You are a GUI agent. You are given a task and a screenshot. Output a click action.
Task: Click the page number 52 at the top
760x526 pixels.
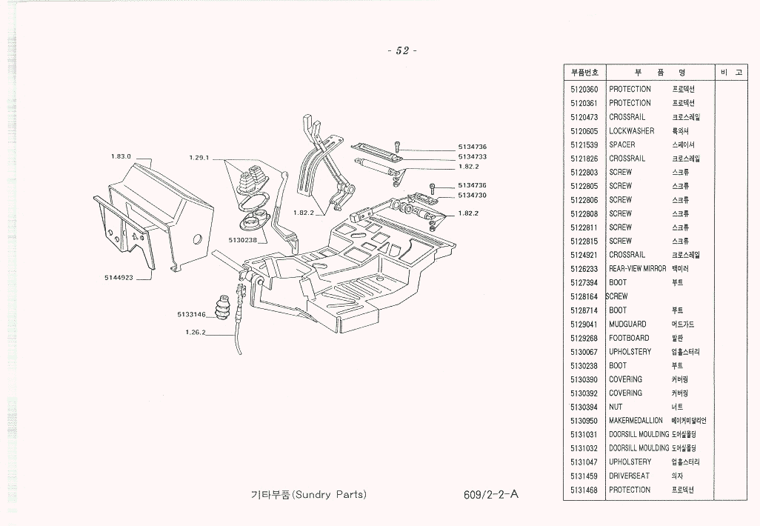[x=402, y=50]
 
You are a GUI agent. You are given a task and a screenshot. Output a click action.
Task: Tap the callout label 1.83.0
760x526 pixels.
[x=121, y=156]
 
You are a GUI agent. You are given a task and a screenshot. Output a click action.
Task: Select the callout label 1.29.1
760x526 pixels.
[x=201, y=157]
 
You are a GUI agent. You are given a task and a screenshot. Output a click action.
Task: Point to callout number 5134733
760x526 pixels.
[x=472, y=157]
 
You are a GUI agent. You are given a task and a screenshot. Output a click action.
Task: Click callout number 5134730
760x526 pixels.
[x=472, y=195]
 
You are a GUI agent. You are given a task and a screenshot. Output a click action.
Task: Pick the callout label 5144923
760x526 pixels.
[x=119, y=278]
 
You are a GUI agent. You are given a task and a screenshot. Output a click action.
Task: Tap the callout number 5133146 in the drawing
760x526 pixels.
[x=191, y=314]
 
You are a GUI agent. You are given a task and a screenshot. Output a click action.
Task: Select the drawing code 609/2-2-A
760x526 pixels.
[x=484, y=494]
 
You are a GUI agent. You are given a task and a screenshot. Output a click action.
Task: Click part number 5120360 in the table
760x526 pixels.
[x=584, y=89]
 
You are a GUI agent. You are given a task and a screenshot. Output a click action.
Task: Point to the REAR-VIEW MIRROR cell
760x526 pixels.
[x=638, y=268]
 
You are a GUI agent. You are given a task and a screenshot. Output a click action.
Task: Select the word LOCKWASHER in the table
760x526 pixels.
[x=631, y=130]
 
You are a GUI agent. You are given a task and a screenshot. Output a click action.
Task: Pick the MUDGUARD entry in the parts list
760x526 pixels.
[x=627, y=324]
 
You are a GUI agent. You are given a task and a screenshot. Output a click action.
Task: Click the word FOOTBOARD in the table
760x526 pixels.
[x=629, y=338]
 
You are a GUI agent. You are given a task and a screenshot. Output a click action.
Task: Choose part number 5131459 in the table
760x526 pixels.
[x=584, y=476]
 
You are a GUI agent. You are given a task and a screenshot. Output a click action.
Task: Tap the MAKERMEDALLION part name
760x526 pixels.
[x=636, y=420]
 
